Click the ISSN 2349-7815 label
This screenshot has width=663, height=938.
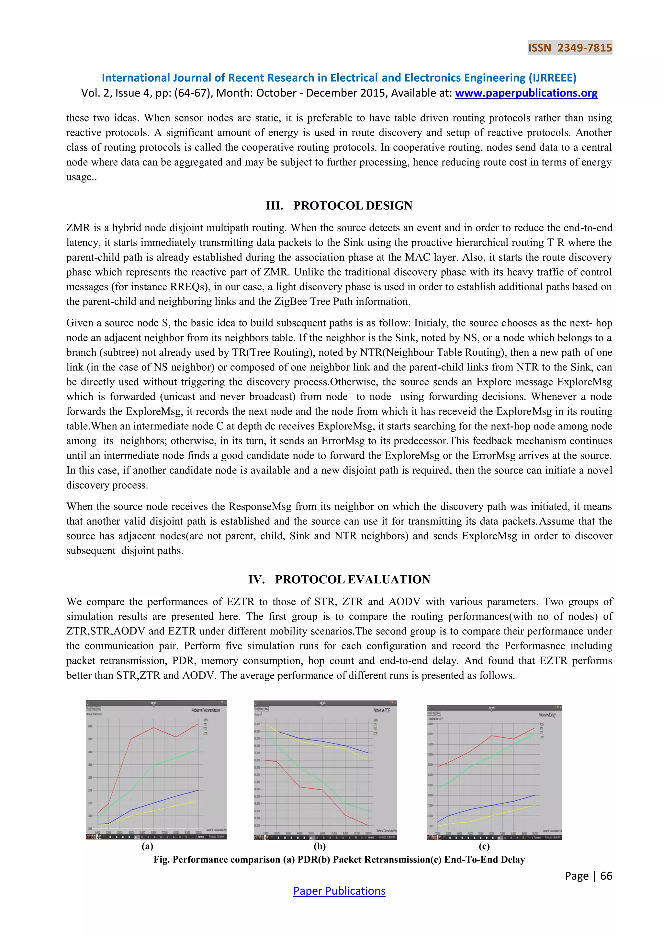570,48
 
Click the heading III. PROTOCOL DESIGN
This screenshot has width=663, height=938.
339,205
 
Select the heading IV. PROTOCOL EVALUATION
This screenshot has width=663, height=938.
339,579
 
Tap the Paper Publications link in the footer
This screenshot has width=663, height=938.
339,891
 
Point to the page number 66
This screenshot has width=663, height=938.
606,875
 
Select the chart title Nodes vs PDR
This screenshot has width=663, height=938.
381,710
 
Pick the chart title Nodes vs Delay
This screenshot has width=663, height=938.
547,715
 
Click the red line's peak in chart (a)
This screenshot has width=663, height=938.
198,724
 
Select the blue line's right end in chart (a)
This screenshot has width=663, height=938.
198,790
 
